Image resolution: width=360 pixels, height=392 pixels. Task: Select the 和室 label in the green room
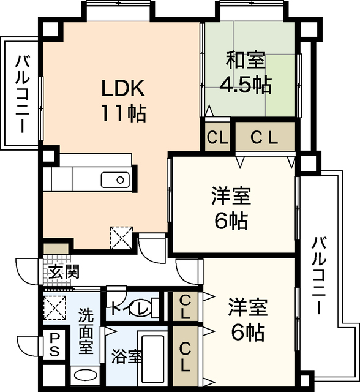coord(246,61)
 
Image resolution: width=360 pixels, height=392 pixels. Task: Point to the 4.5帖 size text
coord(246,85)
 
